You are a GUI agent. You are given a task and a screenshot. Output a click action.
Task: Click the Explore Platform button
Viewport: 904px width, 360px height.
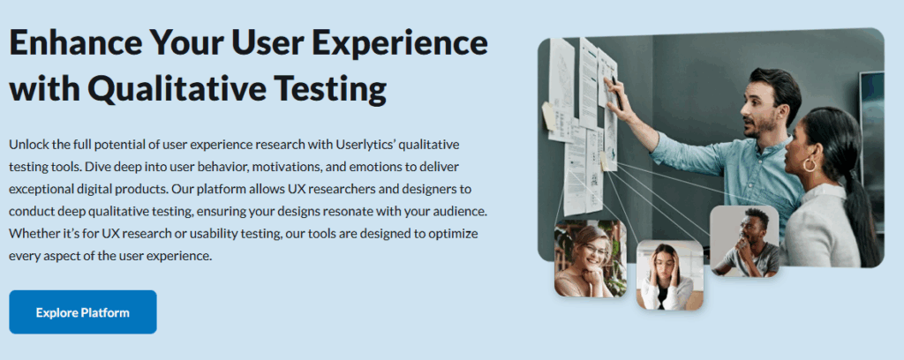[82, 312]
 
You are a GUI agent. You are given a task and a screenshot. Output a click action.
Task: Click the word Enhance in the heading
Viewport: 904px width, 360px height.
[74, 42]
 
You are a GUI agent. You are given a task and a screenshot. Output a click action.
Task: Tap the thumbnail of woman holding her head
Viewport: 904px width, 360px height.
[670, 275]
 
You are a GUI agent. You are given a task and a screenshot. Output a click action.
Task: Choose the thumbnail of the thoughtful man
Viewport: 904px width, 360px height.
[744, 241]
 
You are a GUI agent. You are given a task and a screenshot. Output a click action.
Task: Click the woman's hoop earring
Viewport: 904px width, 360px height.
[810, 165]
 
